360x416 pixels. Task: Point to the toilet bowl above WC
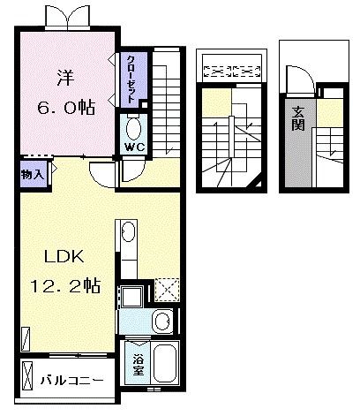click(134, 125)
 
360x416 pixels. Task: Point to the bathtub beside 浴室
click(166, 363)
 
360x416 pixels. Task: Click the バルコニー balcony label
click(72, 381)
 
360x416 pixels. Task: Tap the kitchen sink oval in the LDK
click(128, 234)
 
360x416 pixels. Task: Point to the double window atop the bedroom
click(67, 17)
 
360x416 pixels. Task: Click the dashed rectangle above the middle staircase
click(229, 67)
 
